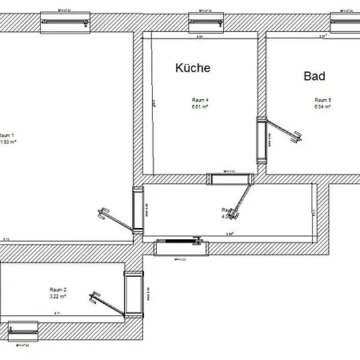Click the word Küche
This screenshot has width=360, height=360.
pos(192,69)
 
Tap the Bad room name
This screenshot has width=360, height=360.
pos(314,77)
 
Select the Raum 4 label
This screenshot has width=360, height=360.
pos(199,99)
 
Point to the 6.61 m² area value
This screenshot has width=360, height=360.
pos(199,106)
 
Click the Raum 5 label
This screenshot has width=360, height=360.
pos(322,99)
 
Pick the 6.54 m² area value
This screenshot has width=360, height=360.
pos(322,106)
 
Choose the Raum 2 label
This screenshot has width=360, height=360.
pos(58,289)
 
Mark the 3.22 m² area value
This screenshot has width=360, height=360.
pos(58,296)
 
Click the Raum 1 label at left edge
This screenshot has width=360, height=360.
pos(6,135)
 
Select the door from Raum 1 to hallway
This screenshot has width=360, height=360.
pos(137,210)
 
